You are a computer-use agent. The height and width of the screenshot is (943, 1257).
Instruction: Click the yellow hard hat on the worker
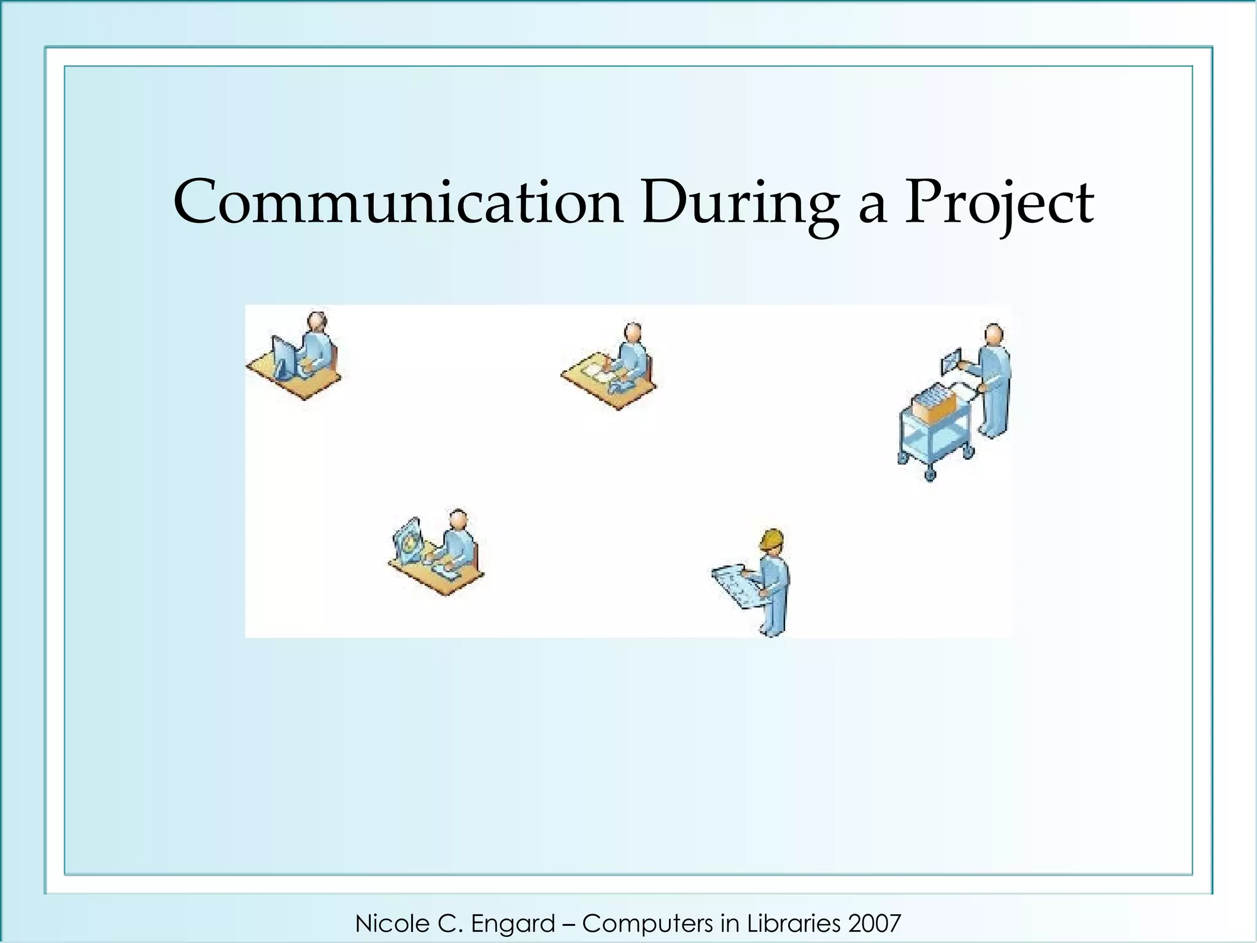pyautogui.click(x=772, y=540)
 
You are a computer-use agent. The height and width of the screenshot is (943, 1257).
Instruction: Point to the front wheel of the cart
pyautogui.click(x=929, y=474)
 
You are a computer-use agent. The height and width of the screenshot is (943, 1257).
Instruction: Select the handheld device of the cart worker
pyautogui.click(x=951, y=361)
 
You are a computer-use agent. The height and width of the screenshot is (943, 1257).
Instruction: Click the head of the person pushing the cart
pyautogui.click(x=994, y=335)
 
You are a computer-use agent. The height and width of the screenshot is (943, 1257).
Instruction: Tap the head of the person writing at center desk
pyautogui.click(x=633, y=332)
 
